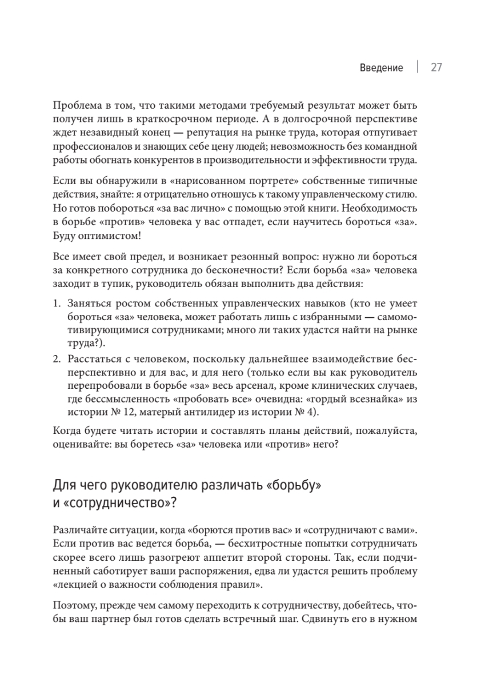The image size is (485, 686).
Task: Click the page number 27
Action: click(437, 68)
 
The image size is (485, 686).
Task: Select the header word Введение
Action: click(382, 68)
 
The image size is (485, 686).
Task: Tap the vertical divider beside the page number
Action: click(417, 67)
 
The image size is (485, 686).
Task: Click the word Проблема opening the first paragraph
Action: click(74, 106)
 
